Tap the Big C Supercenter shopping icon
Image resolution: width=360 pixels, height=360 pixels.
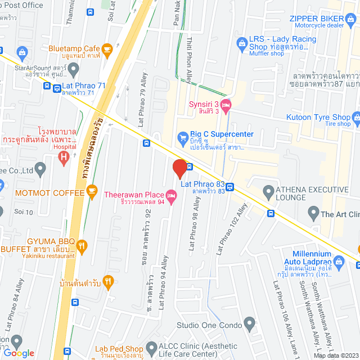[182, 137]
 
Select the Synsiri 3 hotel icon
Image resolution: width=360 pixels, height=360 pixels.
[226, 105]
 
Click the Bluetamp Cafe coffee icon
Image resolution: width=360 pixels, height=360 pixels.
[107, 49]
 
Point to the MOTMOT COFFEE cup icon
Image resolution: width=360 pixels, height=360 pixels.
[91, 191]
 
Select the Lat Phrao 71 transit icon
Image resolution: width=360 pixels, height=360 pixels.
[57, 87]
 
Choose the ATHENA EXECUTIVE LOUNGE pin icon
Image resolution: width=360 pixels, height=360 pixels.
[268, 190]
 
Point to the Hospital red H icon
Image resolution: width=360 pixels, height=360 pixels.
[64, 156]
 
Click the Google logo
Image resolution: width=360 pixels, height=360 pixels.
[18, 353]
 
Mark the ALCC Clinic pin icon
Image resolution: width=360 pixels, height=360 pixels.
[151, 348]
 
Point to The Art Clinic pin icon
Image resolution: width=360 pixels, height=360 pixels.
[313, 213]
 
